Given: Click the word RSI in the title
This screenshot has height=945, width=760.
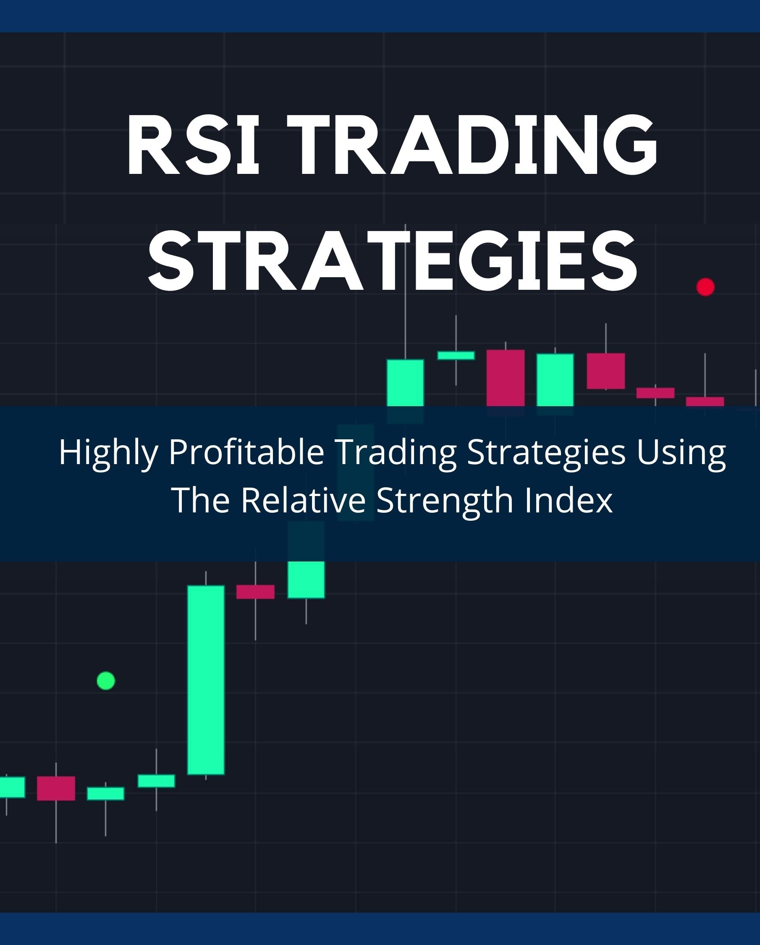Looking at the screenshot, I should click(x=193, y=144).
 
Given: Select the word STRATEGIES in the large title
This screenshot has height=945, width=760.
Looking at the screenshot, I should click(x=392, y=261).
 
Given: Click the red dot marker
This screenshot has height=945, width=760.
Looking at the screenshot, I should click(x=705, y=287).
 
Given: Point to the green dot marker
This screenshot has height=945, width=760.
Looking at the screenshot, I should click(x=106, y=681).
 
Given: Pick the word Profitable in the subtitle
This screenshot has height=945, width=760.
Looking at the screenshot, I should click(x=246, y=451).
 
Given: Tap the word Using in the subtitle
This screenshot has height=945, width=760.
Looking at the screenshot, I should click(x=681, y=452).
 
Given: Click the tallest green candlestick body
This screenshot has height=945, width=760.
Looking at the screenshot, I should click(x=206, y=680).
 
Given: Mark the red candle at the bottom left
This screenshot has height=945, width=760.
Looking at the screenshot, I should click(x=56, y=788).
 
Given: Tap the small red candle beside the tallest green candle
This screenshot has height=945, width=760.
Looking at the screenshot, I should click(x=256, y=592).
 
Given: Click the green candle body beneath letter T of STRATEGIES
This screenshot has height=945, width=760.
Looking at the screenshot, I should click(x=405, y=382).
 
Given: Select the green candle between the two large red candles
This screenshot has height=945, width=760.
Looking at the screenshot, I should click(x=555, y=380).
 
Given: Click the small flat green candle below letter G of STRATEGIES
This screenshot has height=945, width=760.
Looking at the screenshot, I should click(x=456, y=355).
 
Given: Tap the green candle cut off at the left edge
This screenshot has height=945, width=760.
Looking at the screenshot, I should click(x=12, y=787).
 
